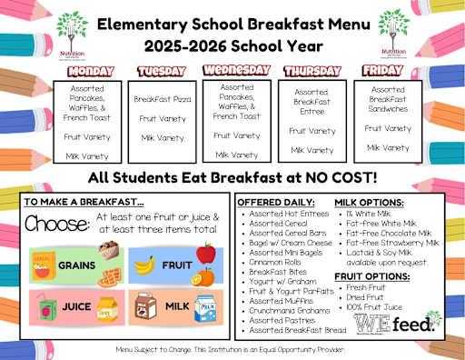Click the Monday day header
pyautogui.click(x=88, y=70)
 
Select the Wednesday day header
pyautogui.click(x=237, y=70)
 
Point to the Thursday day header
pyautogui.click(x=312, y=71)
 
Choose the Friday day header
pyautogui.click(x=382, y=70)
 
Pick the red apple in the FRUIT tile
pyautogui.click(x=204, y=254)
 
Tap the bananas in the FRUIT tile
pyautogui.click(x=144, y=265)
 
